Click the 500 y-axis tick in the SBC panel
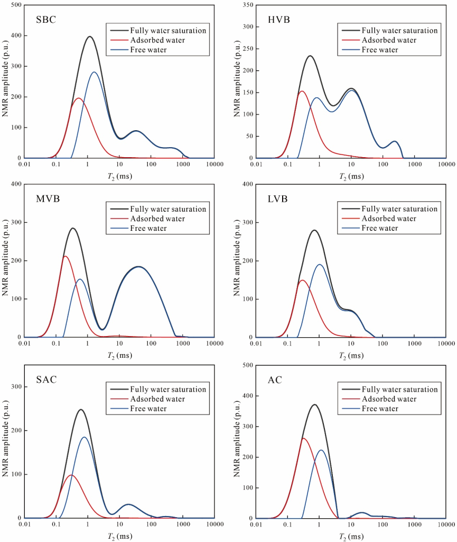[x=15, y=5]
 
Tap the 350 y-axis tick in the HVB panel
[x=247, y=5]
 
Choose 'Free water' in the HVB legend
[x=379, y=50]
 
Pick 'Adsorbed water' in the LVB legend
[x=390, y=219]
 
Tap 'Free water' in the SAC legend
[x=148, y=409]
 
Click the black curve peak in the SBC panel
[x=90, y=37]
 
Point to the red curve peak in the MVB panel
[x=65, y=256]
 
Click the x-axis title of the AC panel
[x=350, y=536]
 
